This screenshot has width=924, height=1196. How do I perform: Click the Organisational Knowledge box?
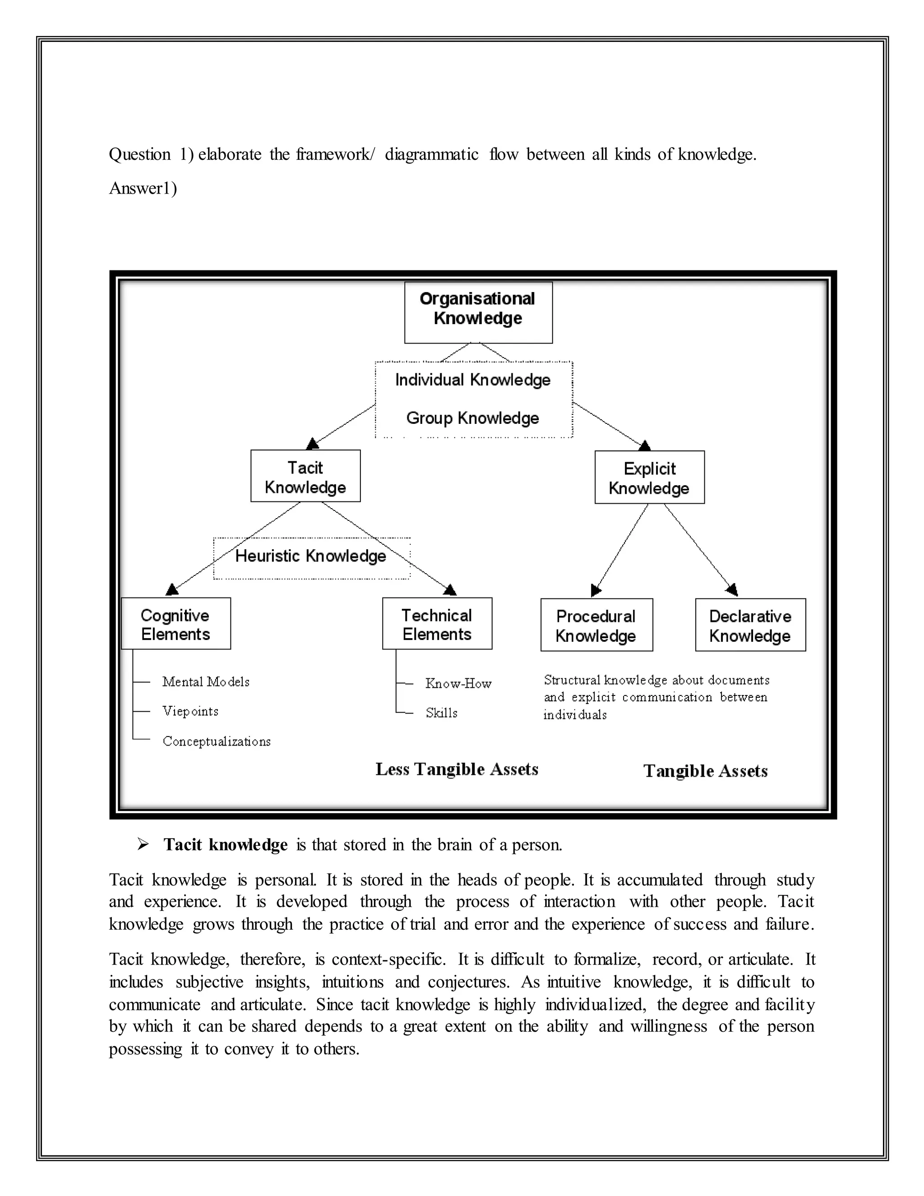(478, 313)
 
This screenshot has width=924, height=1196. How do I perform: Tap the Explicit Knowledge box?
(649, 477)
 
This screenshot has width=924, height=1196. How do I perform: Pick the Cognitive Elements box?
(176, 624)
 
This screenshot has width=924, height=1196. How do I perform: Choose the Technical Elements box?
(437, 624)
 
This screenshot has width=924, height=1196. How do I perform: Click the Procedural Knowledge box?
(596, 625)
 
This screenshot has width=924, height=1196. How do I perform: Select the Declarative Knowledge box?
(750, 625)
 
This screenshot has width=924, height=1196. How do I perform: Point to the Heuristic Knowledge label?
(311, 556)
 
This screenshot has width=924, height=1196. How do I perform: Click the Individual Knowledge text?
(473, 380)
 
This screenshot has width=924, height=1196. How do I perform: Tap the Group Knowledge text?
(473, 418)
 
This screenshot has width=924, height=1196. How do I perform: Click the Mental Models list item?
(206, 682)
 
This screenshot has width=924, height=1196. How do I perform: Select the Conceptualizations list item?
(217, 742)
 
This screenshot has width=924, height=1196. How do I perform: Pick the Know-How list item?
(458, 683)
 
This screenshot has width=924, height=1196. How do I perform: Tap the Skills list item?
(441, 713)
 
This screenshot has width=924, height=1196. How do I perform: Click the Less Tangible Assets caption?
(457, 770)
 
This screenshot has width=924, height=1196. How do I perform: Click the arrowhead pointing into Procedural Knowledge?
(596, 591)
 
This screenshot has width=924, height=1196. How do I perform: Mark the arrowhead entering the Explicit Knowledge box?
(645, 445)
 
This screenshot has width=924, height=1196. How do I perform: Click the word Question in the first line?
(140, 155)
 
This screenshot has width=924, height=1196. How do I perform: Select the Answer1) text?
(143, 188)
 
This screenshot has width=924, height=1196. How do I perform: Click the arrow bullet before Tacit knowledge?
(143, 844)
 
